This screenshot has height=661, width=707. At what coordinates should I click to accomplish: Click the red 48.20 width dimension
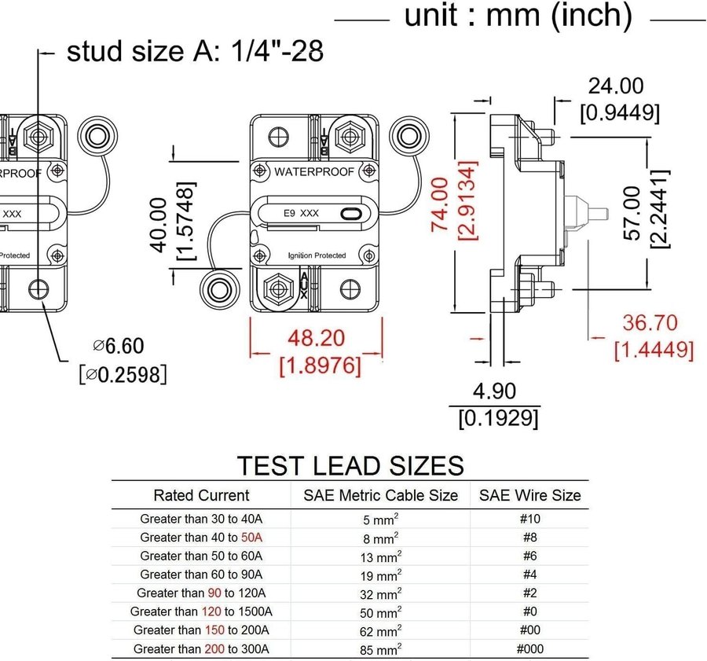tap(315, 338)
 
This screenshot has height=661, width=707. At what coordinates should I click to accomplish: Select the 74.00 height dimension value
tap(441, 203)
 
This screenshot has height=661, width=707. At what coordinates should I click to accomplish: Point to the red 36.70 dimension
tap(650, 322)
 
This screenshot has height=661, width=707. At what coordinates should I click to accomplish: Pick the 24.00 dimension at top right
tap(617, 86)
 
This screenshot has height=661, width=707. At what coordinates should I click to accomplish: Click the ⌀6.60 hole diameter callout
tap(119, 346)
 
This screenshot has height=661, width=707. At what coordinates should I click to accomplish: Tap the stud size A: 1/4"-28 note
tap(195, 52)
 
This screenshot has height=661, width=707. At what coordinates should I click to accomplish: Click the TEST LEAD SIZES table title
tap(350, 465)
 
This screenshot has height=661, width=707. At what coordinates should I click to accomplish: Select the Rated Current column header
tap(201, 495)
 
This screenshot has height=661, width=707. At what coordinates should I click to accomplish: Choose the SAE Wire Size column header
tap(529, 495)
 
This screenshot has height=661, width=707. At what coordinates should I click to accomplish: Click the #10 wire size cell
tap(531, 519)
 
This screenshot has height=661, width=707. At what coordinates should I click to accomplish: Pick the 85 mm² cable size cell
tap(380, 648)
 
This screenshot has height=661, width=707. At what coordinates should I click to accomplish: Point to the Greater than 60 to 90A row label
tap(201, 575)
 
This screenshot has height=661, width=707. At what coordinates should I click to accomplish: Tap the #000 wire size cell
tap(529, 648)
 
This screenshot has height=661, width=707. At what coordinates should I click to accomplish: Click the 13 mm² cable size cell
tap(380, 556)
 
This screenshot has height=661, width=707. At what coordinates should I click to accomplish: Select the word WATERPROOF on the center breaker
tap(313, 172)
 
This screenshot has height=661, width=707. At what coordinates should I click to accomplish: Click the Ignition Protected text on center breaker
tap(317, 255)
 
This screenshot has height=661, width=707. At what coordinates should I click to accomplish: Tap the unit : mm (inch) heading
tap(518, 15)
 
